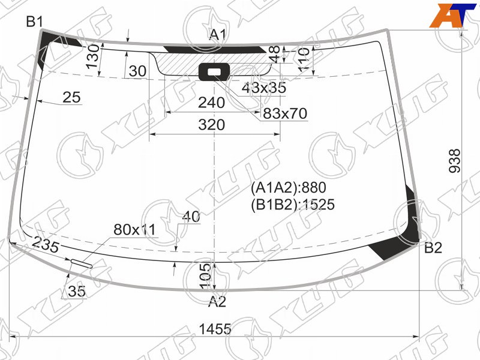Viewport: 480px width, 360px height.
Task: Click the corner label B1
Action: [x=34, y=22]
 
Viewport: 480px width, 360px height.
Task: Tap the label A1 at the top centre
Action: [x=218, y=35]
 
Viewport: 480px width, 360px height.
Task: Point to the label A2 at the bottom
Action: [x=217, y=302]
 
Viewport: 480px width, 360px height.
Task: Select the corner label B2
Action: [x=433, y=248]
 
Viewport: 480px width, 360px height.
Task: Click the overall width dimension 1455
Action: [x=215, y=329]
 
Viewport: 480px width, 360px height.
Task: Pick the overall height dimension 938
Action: [x=455, y=161]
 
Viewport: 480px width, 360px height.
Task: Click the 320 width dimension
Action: [x=212, y=125]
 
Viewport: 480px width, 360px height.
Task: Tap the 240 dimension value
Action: [x=212, y=103]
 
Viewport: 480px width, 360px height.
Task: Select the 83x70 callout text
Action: [x=285, y=113]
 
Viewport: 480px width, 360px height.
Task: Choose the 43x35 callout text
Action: [x=264, y=88]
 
